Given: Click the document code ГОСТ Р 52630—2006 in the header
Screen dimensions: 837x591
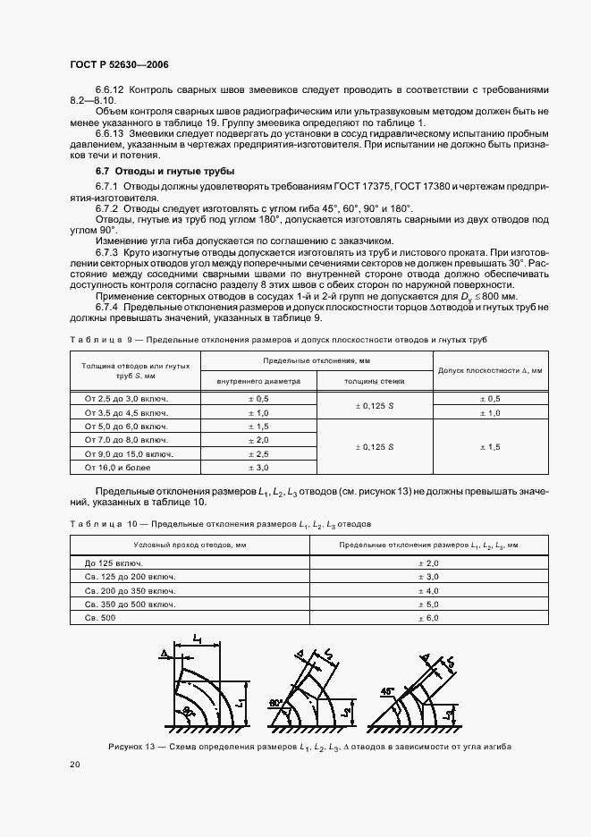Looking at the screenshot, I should (118, 65).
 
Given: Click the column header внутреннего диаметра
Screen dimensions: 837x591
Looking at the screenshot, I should (258, 381).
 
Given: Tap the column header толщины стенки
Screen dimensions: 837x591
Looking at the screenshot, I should (375, 381).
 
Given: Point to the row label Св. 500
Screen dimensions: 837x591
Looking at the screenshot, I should (100, 618).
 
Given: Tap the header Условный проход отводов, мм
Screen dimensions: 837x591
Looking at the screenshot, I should (189, 544).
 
